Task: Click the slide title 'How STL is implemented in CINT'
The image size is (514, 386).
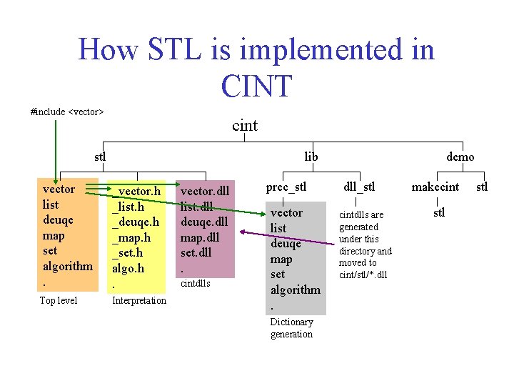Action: point(256,67)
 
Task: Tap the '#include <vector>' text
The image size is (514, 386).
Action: point(67,112)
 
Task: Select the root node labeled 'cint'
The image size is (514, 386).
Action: point(245,126)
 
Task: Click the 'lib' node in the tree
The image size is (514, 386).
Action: point(311,157)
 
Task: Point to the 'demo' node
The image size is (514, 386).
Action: point(460,157)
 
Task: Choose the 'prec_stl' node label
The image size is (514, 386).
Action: point(286,187)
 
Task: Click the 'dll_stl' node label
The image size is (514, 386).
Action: point(359,187)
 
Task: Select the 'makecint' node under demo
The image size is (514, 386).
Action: point(435,187)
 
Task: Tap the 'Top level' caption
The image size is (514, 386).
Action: point(59,300)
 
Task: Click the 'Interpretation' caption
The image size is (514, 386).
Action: point(139,300)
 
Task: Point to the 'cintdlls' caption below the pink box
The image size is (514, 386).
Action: point(195,284)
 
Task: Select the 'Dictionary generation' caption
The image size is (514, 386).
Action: point(291,328)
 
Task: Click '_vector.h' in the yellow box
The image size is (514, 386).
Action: point(136,192)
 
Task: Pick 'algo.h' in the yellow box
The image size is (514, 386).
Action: point(128,269)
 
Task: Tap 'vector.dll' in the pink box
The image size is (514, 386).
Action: point(205,192)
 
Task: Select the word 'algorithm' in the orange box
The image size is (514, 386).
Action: point(68,266)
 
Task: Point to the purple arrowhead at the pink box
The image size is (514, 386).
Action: point(242,231)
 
